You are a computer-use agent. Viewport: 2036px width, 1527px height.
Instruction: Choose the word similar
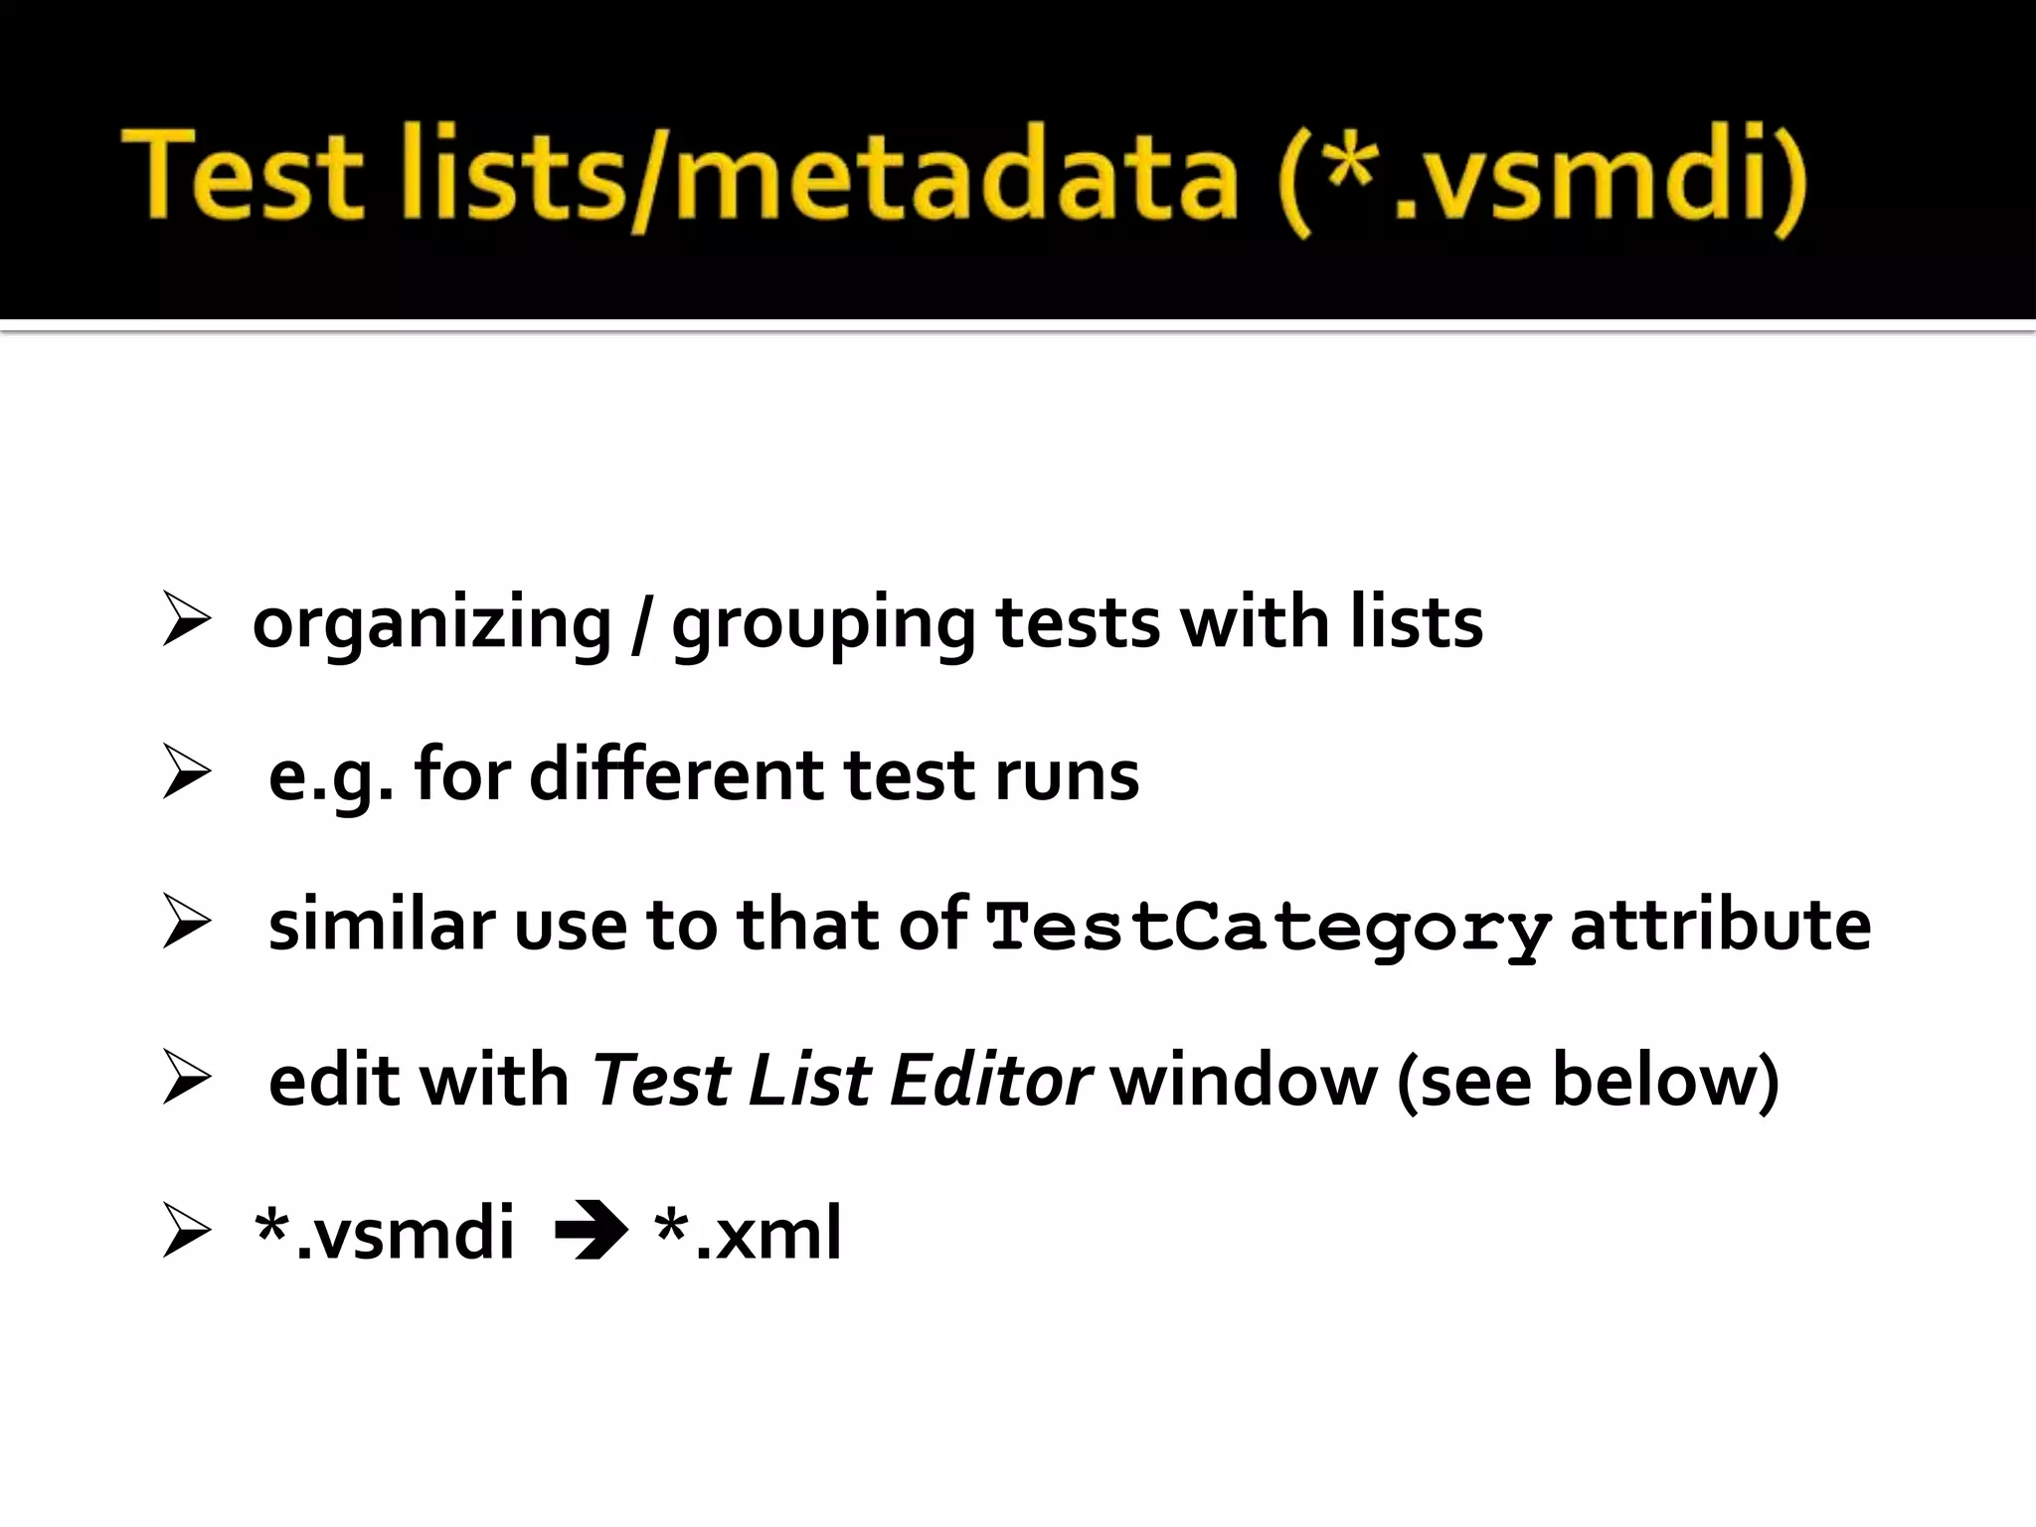pos(382,925)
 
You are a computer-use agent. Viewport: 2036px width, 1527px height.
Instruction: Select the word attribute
pos(1720,925)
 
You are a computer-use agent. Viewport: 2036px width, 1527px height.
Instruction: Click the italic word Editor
pos(990,1080)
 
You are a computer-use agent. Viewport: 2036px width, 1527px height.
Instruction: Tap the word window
pos(1244,1080)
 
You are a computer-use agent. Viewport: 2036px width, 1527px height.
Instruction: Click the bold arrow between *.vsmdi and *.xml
pos(591,1233)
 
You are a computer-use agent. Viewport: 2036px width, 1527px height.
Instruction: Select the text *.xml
pos(748,1233)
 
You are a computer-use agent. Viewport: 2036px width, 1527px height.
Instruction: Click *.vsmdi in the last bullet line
pos(385,1233)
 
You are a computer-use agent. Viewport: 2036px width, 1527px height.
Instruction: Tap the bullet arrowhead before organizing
pos(186,620)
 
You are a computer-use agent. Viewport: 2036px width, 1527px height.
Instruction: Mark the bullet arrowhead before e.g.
pos(186,772)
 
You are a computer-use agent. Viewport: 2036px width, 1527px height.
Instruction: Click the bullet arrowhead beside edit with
pos(186,1079)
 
